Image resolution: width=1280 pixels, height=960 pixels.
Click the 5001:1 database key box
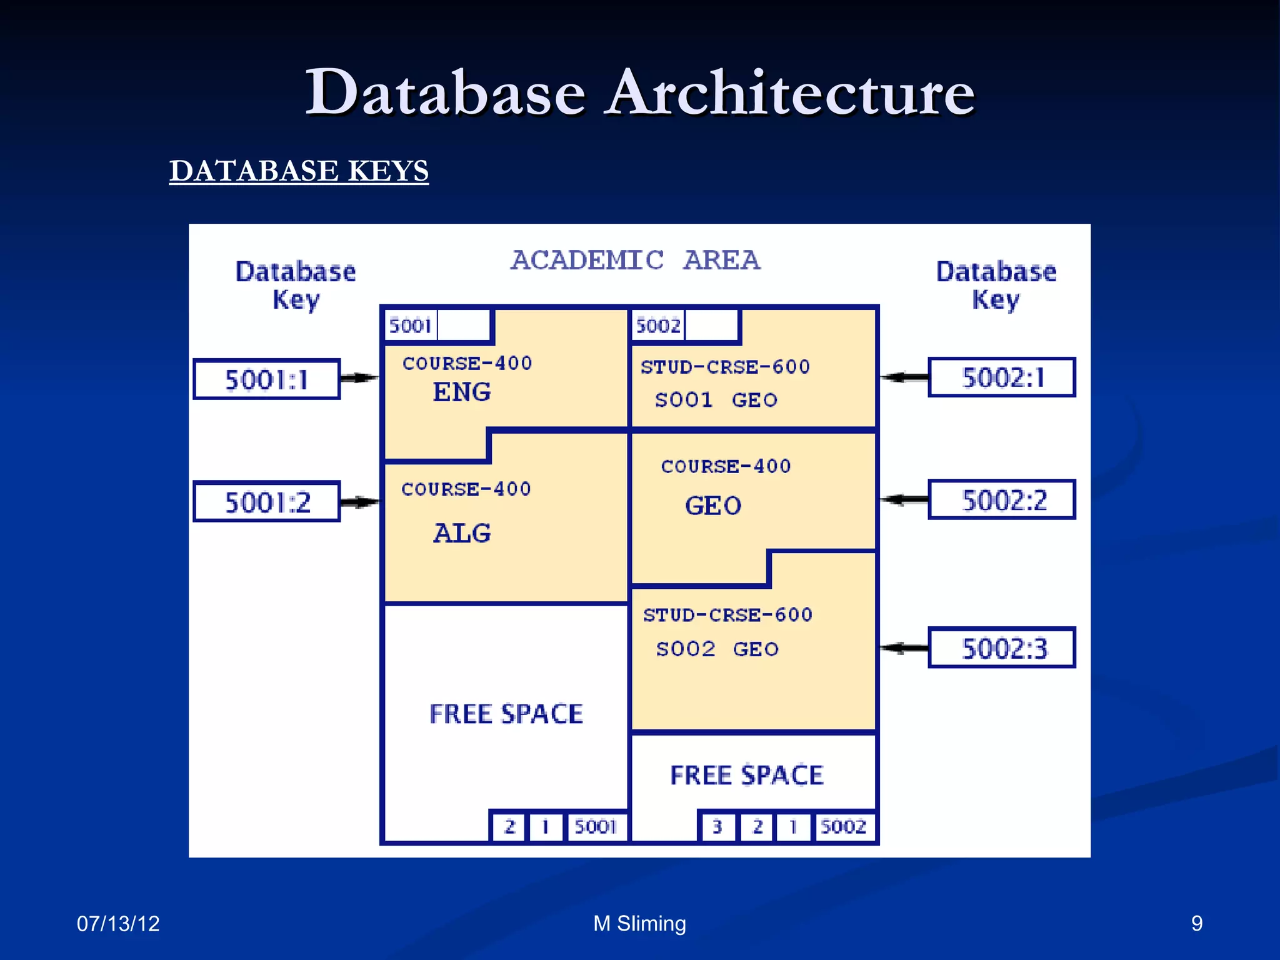(x=266, y=379)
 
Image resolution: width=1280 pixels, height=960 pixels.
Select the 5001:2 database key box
(x=266, y=502)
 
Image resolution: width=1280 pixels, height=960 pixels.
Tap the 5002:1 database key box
(x=1002, y=377)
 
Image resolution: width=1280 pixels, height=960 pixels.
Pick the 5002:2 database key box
(x=1002, y=500)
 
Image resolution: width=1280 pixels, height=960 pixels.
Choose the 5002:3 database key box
(x=1002, y=648)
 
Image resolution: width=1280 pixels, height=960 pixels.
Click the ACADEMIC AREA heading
(x=635, y=260)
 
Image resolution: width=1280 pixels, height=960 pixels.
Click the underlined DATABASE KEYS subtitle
(x=299, y=171)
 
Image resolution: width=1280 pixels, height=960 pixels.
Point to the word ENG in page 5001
(x=462, y=392)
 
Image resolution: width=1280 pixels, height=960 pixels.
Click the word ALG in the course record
(x=462, y=533)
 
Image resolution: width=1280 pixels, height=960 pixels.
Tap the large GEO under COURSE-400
(x=713, y=506)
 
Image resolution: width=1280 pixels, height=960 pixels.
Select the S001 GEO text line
(x=716, y=400)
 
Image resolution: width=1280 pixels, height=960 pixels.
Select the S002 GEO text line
(x=717, y=649)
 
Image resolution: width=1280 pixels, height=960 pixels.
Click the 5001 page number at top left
(x=410, y=326)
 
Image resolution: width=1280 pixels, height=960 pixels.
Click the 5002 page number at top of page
(x=657, y=326)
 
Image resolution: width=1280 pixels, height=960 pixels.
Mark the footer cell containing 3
(x=717, y=827)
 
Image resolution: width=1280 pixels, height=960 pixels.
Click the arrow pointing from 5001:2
(x=359, y=502)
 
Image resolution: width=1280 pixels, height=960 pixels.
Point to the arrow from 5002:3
(x=904, y=648)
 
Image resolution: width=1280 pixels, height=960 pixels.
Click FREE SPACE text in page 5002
(x=747, y=775)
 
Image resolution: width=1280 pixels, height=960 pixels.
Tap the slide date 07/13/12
(x=118, y=924)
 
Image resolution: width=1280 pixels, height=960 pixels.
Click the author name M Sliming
(x=639, y=924)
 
